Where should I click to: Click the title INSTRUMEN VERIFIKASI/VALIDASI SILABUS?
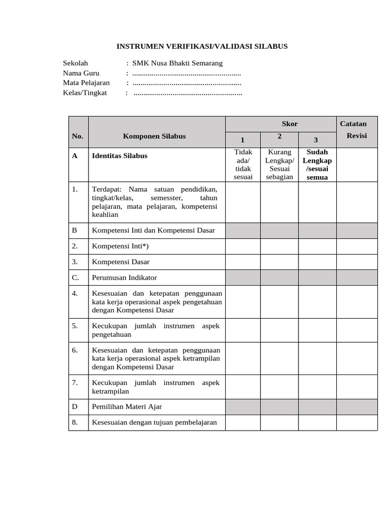click(202, 46)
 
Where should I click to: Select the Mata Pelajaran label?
click(86, 83)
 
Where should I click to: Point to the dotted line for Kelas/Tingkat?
click(188, 93)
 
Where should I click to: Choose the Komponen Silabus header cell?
click(154, 136)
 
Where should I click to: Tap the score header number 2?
click(279, 137)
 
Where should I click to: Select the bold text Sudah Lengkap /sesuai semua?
click(317, 164)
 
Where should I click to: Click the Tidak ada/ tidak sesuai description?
click(242, 164)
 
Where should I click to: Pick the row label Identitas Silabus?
click(120, 156)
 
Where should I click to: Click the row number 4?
click(75, 294)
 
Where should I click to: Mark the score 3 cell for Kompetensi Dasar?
click(317, 262)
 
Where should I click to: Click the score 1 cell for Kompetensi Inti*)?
click(242, 246)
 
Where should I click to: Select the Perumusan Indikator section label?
click(124, 278)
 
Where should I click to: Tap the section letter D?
click(74, 406)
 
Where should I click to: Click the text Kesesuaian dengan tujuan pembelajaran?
click(154, 422)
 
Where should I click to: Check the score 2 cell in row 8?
click(279, 422)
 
